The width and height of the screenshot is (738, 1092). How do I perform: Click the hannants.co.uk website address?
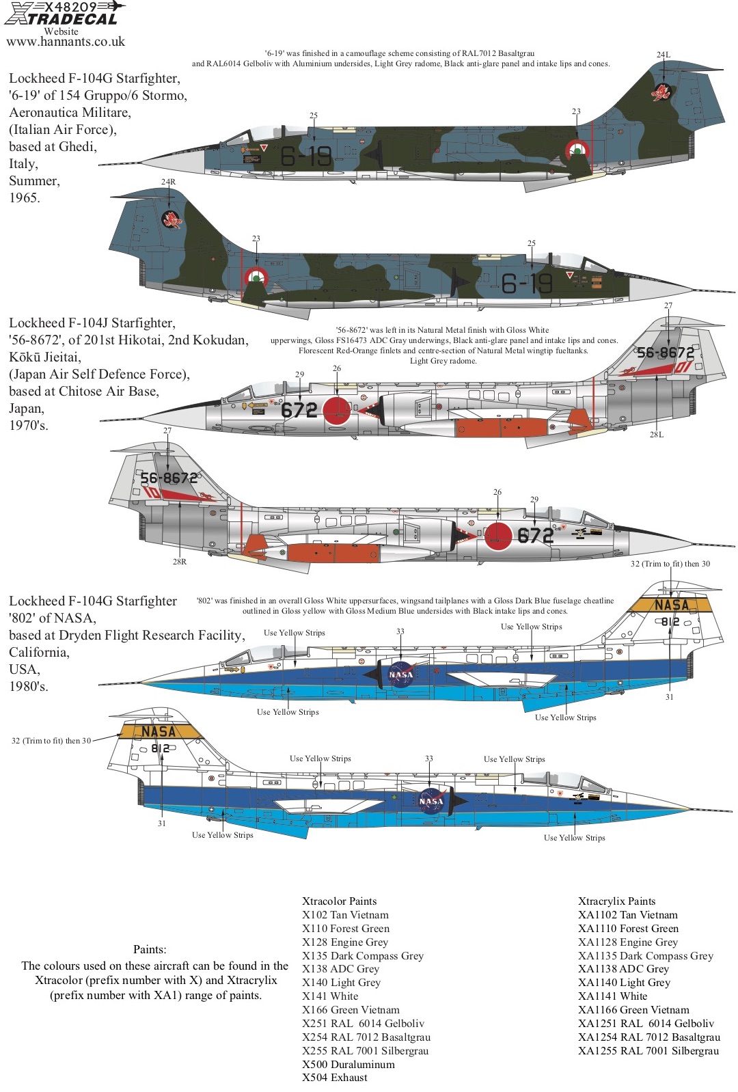(x=66, y=42)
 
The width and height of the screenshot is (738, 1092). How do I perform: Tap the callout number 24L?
(x=664, y=55)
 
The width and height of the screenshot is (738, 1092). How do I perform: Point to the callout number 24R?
(x=168, y=182)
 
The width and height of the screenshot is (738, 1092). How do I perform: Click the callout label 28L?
(x=657, y=435)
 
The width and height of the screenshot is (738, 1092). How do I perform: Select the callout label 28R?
(x=180, y=562)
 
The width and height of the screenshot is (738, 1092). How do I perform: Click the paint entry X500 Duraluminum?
(x=348, y=1064)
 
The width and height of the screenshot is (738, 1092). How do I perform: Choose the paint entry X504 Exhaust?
(x=334, y=1078)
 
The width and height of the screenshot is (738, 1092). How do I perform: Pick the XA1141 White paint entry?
(x=612, y=996)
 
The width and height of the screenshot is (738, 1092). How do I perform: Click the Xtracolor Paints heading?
(x=339, y=901)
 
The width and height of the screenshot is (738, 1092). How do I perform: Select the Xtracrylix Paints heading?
(x=616, y=901)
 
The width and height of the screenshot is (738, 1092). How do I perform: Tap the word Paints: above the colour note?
(x=150, y=949)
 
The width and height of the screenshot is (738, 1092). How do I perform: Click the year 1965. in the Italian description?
(x=25, y=198)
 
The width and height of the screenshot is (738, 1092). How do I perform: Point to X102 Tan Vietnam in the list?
(x=345, y=914)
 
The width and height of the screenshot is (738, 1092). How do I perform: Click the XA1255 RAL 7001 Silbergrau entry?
(x=648, y=1050)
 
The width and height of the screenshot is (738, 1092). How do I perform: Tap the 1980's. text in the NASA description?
(x=28, y=686)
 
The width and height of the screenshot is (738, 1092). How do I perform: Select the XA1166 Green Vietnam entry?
(x=633, y=1009)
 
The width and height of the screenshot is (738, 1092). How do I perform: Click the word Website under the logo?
(x=61, y=31)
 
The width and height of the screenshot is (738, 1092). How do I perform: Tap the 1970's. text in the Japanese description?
(x=28, y=426)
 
